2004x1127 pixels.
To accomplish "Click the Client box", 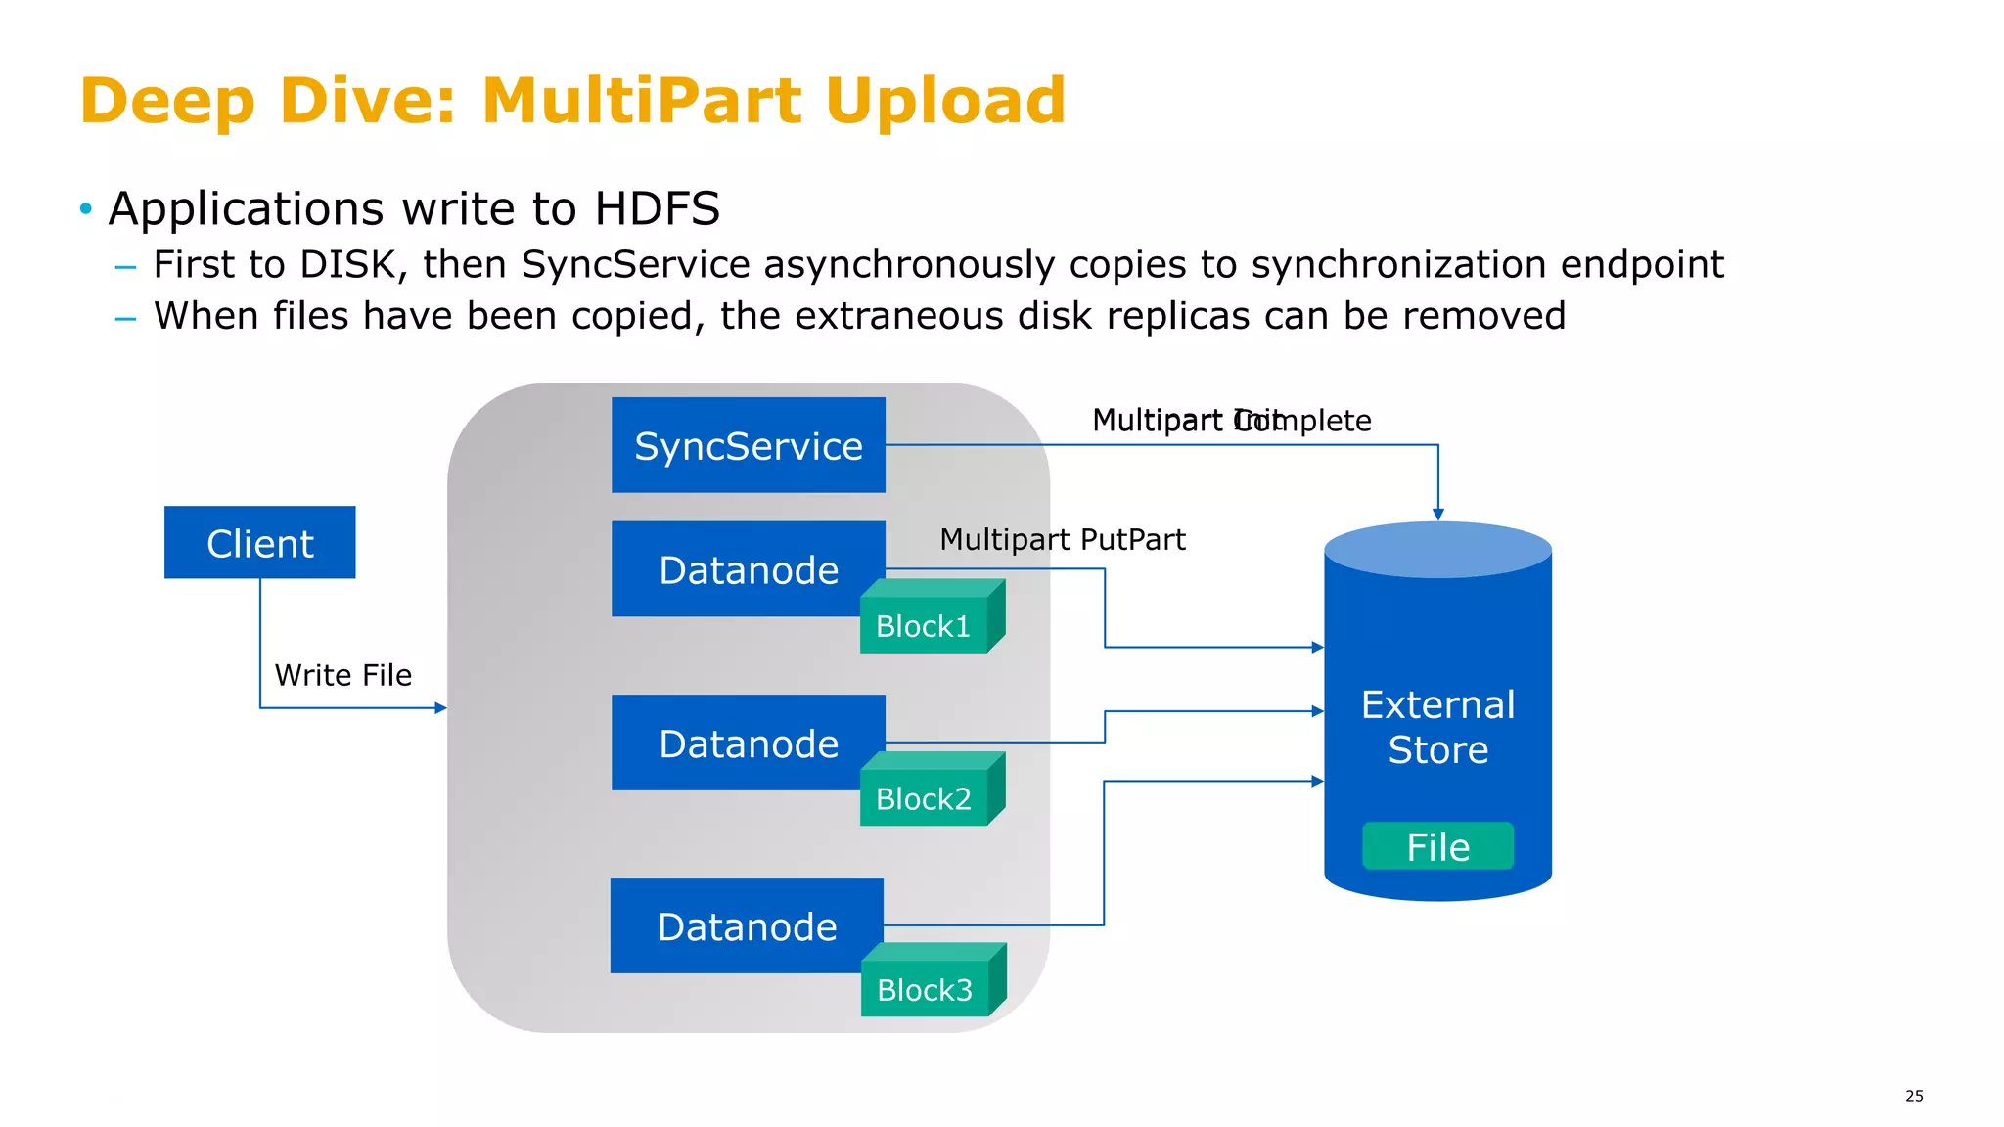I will pos(259,543).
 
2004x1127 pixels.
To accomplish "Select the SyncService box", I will pos(748,445).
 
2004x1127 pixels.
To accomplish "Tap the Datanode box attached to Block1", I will pos(748,568).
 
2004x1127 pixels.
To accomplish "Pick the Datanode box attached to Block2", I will pos(748,743).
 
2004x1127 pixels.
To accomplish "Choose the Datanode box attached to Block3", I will pos(746,925).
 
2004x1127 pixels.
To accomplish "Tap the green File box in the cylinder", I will pos(1437,846).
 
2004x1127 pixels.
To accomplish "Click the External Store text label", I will pos(1437,727).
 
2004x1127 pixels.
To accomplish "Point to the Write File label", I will pos(342,675).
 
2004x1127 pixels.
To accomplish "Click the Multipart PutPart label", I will pos(1062,539).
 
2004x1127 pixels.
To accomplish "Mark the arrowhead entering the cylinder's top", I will pos(1438,514).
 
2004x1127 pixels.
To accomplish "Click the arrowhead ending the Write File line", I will pos(441,707).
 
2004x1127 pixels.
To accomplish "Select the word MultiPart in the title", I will pos(645,100).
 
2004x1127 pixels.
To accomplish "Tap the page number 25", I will pos(1914,1096).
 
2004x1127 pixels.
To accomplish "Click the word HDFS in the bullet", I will pos(657,208).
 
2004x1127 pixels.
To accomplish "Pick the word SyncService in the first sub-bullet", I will pos(635,264).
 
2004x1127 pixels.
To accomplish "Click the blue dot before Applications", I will pos(86,208).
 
